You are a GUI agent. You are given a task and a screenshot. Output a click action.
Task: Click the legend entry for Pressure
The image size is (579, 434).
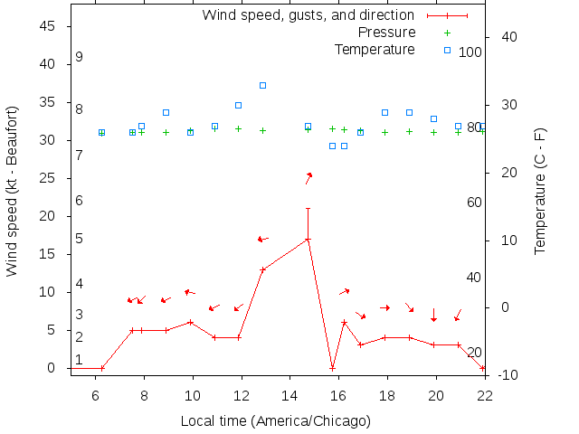tap(386, 33)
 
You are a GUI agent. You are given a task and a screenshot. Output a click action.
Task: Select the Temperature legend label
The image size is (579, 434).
tap(375, 49)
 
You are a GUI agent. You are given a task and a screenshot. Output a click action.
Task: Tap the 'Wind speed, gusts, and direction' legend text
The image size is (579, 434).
tap(308, 15)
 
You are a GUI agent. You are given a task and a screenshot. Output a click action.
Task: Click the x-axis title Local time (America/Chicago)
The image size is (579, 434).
tap(275, 421)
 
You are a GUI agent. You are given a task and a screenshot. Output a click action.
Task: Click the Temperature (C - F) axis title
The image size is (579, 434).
tap(540, 191)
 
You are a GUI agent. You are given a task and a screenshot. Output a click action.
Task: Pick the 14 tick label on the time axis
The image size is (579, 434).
tap(289, 395)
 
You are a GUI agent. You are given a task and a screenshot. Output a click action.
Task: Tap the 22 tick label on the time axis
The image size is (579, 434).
tap(485, 395)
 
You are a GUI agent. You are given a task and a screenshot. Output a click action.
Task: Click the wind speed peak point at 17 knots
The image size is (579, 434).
tap(308, 239)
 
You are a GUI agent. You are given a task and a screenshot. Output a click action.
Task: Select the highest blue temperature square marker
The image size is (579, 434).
tap(262, 85)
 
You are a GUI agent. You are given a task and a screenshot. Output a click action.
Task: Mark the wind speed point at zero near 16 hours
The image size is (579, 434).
tap(333, 368)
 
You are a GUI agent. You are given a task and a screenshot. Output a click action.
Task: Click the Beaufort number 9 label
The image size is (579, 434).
tap(80, 57)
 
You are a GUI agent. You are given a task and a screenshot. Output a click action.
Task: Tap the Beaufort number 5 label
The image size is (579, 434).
tap(80, 239)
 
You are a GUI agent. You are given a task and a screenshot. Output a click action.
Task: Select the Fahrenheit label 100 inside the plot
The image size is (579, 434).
tap(470, 52)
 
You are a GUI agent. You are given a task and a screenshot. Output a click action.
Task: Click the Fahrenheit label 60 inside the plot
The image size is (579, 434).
tap(474, 203)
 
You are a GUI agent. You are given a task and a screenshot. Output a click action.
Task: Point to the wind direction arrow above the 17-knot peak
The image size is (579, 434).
tap(308, 177)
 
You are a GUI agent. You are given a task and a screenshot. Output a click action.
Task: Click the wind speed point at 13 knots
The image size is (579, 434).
tap(262, 269)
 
